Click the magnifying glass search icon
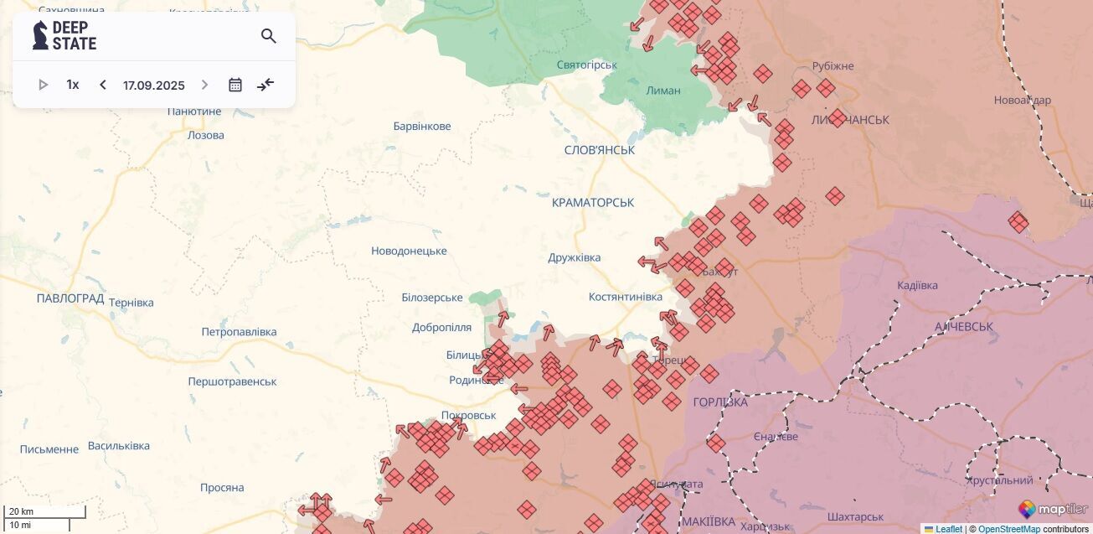pos(268,36)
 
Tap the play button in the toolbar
pos(44,85)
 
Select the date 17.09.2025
pos(153,85)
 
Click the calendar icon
pos(235,85)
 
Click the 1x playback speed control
pos(73,85)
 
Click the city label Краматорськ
pos(593,203)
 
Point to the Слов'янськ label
pos(599,150)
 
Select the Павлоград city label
pos(70,298)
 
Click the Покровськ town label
pos(468,416)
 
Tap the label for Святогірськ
pos(586,65)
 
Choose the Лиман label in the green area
pos(663,91)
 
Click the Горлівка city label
pos(720,402)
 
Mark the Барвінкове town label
pos(422,127)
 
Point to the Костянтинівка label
pos(625,297)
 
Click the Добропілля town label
pos(441,328)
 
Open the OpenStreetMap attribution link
pos(1009,529)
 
